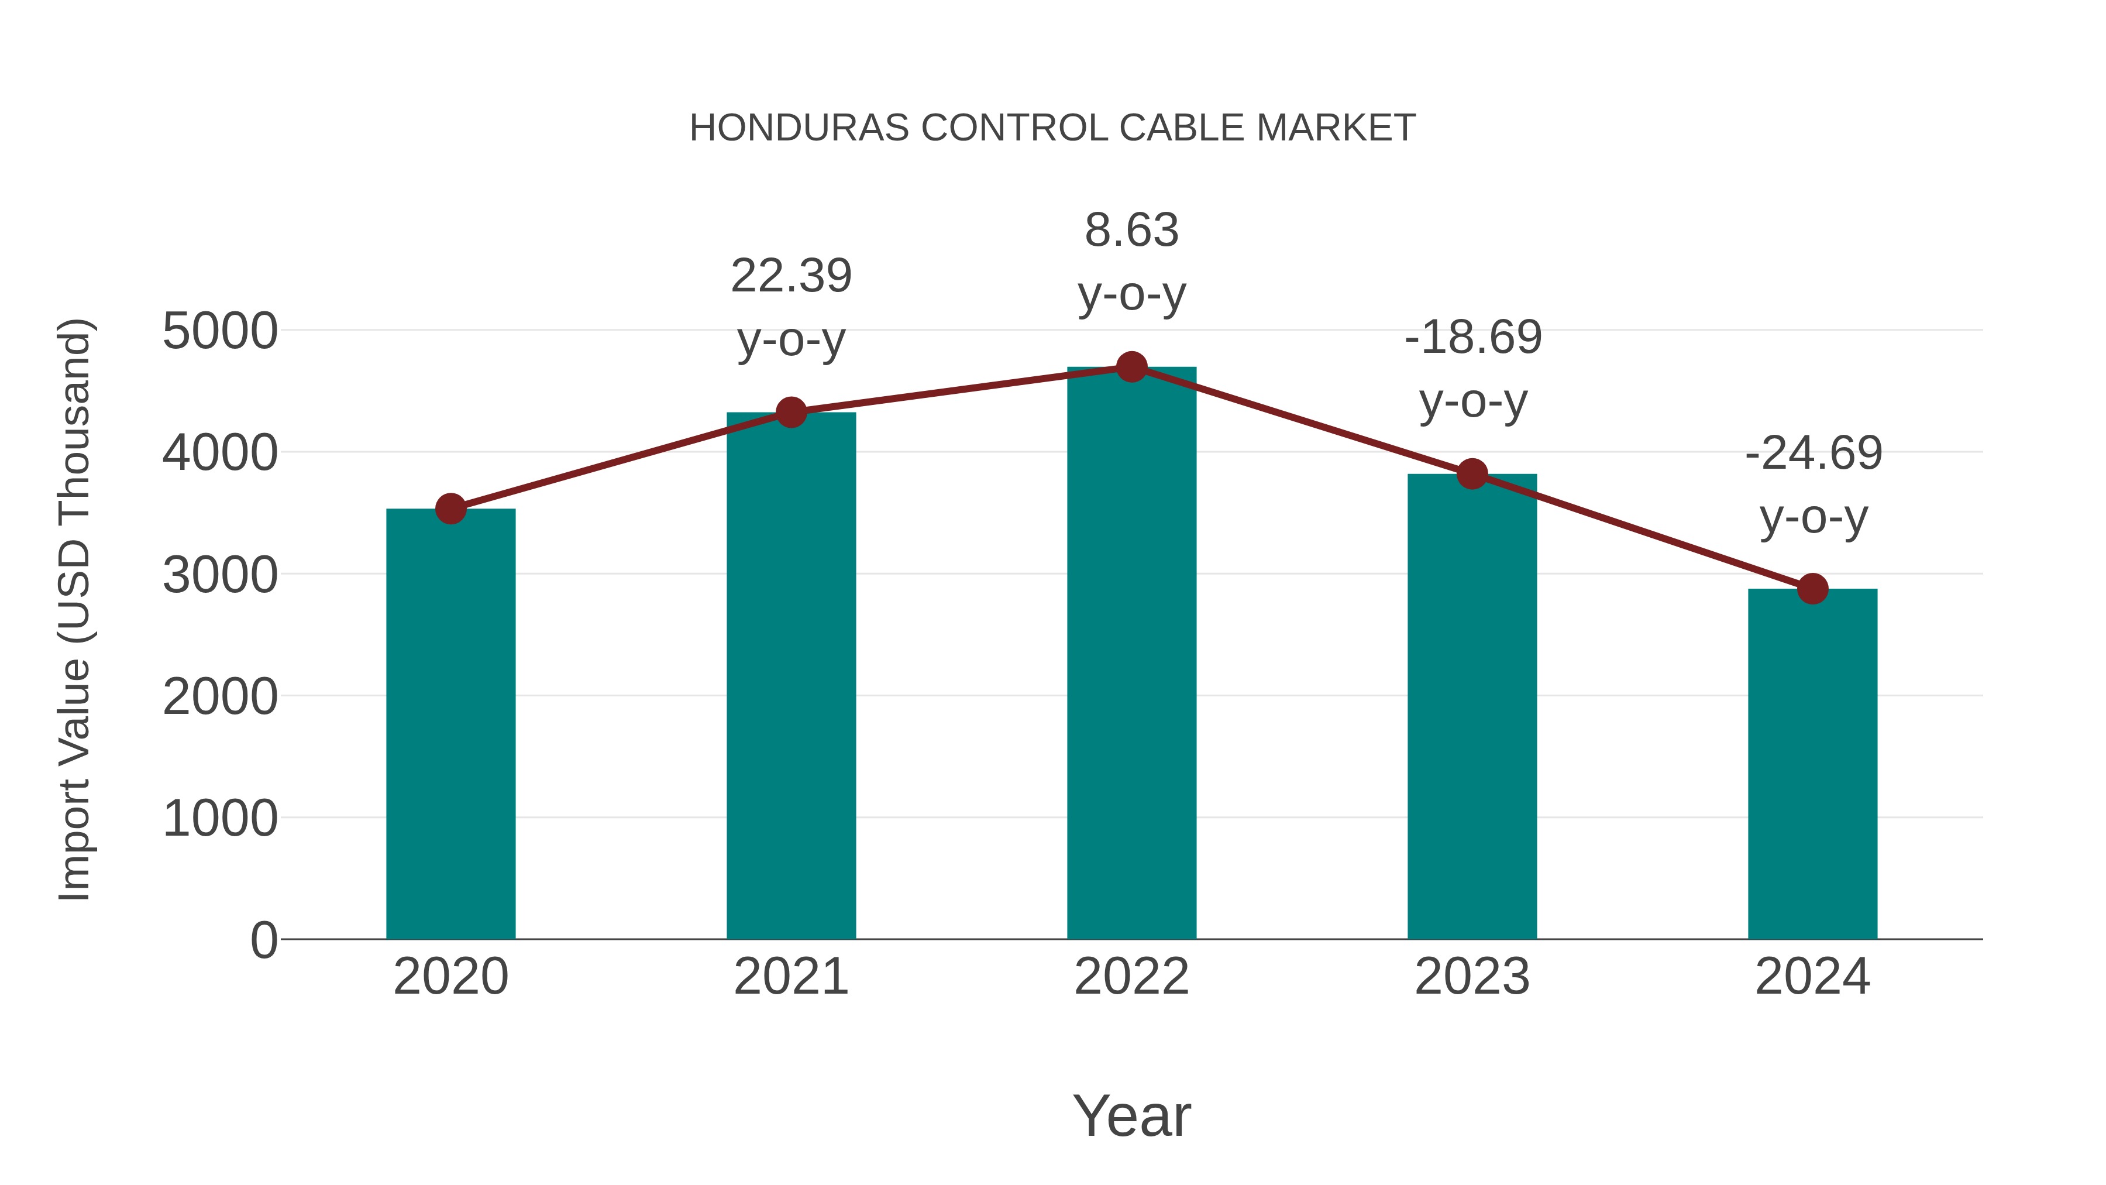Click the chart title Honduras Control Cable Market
point(1052,128)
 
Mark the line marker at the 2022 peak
point(1131,367)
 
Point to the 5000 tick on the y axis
point(220,331)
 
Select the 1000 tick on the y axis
point(220,818)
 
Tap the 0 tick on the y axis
point(264,940)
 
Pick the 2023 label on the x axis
point(1472,977)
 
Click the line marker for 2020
point(450,509)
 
